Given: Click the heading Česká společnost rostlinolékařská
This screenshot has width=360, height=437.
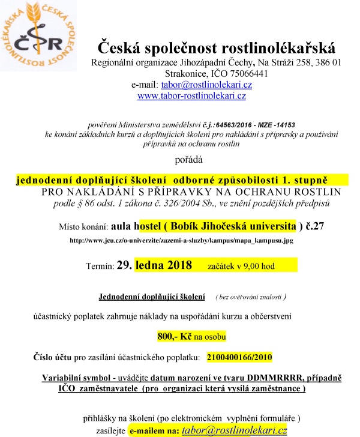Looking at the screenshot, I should [217, 49].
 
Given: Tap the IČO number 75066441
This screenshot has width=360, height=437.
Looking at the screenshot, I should [242, 74].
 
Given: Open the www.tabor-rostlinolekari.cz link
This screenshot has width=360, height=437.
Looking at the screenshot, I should [191, 95].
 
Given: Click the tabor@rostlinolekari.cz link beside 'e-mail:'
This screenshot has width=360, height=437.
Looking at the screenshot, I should [206, 85].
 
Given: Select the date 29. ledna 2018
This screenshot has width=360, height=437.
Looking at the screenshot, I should [162, 264].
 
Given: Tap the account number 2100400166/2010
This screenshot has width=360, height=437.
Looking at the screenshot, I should [239, 357].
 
